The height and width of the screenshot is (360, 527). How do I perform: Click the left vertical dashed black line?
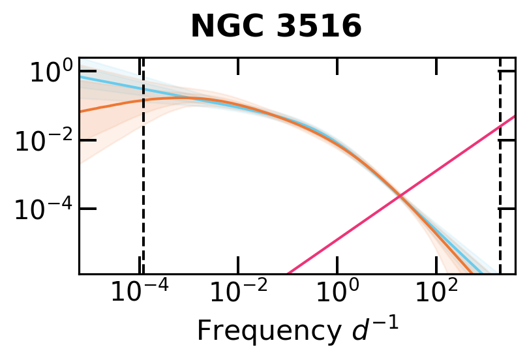pos(143,196)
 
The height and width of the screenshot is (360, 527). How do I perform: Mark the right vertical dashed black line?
pos(500,196)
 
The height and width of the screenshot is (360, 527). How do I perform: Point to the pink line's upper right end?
pos(515,117)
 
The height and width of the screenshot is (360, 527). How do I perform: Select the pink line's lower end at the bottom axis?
pos(288,273)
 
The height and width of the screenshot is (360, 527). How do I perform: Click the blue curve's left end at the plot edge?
pos(81,76)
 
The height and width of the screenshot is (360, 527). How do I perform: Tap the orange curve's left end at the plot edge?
pos(81,112)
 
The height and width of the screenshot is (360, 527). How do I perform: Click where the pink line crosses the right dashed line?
pos(500,127)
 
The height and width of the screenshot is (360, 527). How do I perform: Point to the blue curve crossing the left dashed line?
pos(143,89)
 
